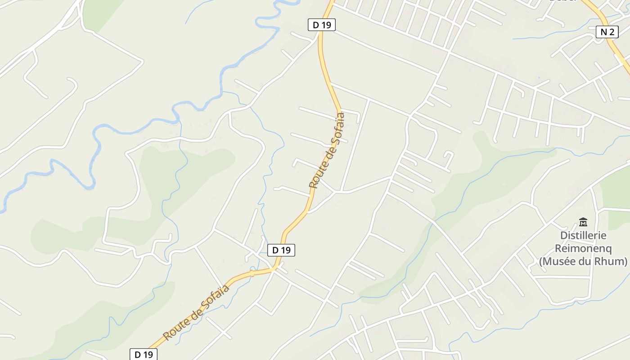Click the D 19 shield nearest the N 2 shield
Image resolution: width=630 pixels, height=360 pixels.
[x=322, y=25]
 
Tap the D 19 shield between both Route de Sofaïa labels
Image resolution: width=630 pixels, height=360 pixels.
[x=281, y=250]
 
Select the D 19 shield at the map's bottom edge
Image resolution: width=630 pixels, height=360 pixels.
[x=144, y=354]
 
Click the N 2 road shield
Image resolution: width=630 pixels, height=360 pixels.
[x=607, y=31]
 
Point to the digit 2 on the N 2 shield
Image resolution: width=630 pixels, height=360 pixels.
[x=611, y=31]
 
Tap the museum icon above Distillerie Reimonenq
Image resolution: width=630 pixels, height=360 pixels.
[x=583, y=222]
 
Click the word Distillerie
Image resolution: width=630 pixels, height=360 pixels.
[x=583, y=235]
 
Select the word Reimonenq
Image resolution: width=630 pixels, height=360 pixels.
[x=583, y=248]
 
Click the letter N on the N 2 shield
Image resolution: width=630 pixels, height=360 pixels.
[x=603, y=31]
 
